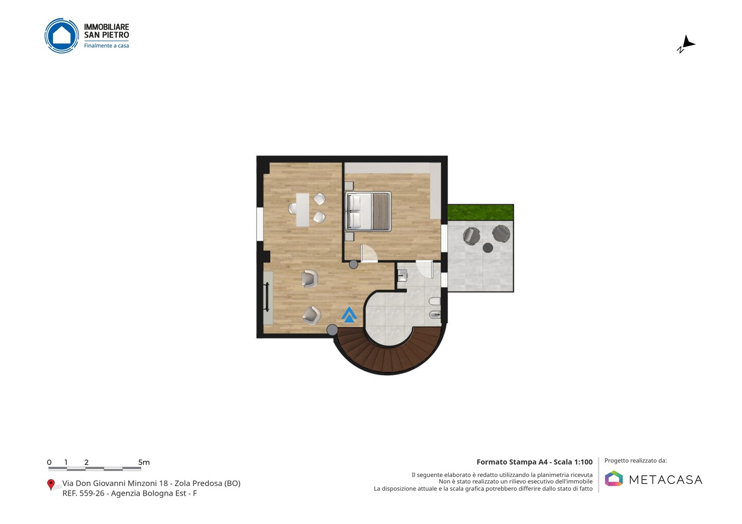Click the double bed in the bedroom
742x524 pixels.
(368, 211)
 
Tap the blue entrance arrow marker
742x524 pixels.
(349, 315)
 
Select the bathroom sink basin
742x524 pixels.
(402, 275)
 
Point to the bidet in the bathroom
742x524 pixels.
(434, 315)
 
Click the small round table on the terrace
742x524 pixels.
(487, 248)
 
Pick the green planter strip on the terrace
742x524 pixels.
(481, 212)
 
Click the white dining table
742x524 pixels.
(302, 209)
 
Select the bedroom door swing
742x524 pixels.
(369, 254)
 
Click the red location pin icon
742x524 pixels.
(50, 485)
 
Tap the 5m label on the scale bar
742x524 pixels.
(144, 462)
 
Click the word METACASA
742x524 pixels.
(666, 480)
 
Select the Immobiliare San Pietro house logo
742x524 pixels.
(62, 36)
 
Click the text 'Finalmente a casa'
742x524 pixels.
(106, 46)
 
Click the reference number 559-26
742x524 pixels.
(92, 493)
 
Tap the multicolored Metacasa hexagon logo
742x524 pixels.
(614, 478)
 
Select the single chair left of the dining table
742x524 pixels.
(292, 209)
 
